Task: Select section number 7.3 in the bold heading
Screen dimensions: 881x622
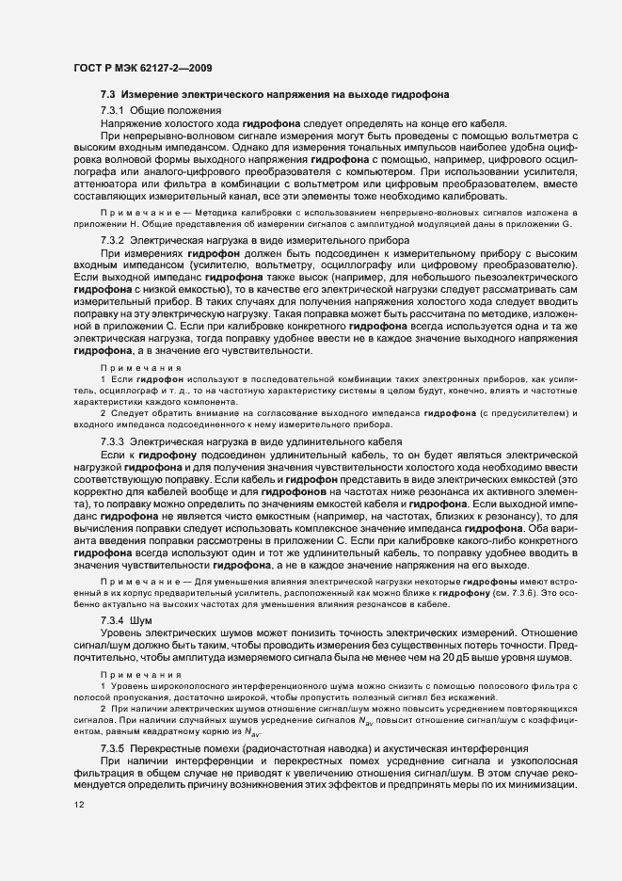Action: (x=107, y=96)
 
